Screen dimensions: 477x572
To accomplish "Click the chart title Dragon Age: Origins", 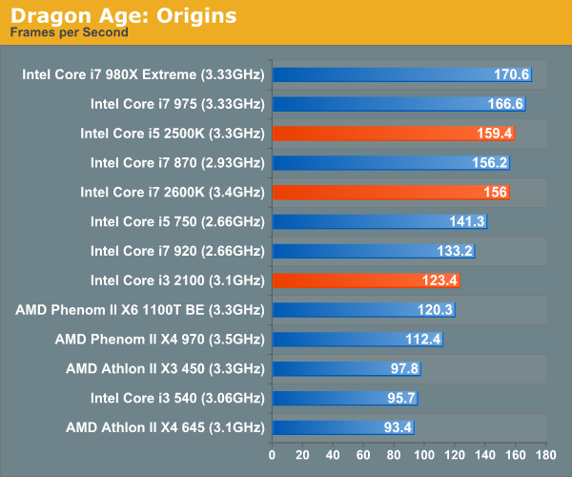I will (x=124, y=16).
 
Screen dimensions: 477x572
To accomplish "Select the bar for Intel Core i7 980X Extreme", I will (x=401, y=74).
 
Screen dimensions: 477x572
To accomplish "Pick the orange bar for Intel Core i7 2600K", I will (x=391, y=192).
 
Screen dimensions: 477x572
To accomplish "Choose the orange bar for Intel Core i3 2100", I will (x=367, y=280).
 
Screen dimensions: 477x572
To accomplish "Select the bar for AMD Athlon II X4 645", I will (x=343, y=427).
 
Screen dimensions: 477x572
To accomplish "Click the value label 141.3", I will (x=467, y=221).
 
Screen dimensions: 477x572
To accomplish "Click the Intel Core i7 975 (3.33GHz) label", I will (x=177, y=104).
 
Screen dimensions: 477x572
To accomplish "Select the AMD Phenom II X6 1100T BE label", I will (x=140, y=310).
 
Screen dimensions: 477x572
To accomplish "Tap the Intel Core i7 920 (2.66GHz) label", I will (x=177, y=251).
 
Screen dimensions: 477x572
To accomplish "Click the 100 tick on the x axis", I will (x=424, y=454).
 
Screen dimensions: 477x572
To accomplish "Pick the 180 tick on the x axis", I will (x=545, y=454).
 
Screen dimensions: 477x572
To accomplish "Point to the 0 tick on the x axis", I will (x=273, y=454).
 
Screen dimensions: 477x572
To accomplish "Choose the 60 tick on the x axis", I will (x=363, y=454).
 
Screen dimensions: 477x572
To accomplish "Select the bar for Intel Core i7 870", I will (x=391, y=162).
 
